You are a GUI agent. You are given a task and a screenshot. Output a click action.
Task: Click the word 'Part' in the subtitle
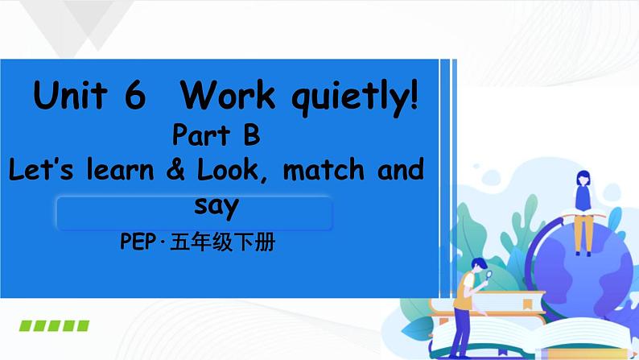click(x=198, y=135)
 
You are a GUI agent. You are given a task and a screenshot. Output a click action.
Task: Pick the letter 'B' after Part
click(x=251, y=135)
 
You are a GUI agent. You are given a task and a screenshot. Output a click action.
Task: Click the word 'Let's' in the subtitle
click(x=39, y=171)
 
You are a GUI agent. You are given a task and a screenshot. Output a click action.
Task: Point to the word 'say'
click(x=217, y=207)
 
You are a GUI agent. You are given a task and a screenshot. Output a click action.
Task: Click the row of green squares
click(x=54, y=326)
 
